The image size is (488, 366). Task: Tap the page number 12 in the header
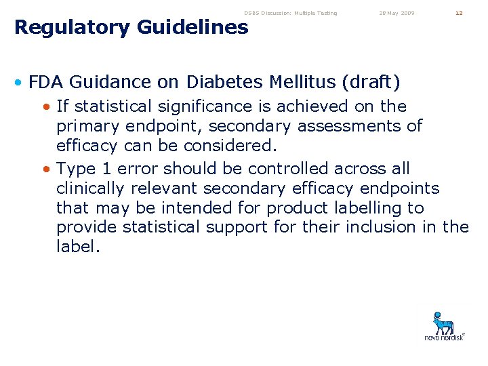pos(459,13)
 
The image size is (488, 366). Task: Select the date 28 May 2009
pos(397,13)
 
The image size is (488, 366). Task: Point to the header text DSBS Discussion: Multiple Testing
pos(290,13)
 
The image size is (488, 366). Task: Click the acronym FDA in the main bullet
pos(46,83)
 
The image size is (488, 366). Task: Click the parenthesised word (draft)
pos(371,83)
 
